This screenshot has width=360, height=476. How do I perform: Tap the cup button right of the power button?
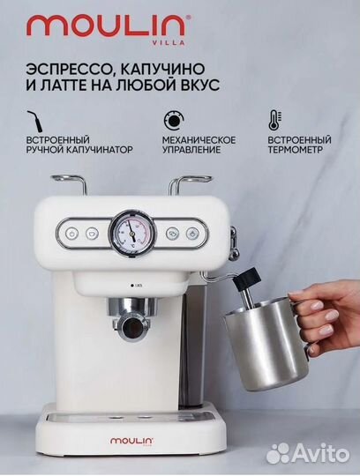click(x=93, y=234)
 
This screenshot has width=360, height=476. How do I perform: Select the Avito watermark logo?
click(x=317, y=452)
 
